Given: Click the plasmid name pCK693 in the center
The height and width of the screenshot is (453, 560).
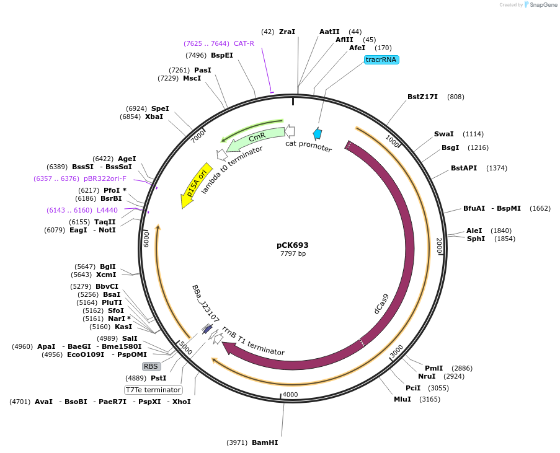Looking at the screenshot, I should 293,245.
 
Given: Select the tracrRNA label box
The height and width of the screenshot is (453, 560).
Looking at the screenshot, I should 381,60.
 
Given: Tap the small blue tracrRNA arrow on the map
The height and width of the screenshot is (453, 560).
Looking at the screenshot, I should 318,133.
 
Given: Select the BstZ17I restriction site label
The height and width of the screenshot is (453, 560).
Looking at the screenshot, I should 422,97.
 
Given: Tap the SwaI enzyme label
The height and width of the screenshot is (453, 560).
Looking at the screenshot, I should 443,134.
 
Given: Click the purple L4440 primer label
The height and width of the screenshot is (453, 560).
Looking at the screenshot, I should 107,210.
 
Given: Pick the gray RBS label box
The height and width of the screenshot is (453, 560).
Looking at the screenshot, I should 151,366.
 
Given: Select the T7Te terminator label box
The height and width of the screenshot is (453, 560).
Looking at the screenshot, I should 153,390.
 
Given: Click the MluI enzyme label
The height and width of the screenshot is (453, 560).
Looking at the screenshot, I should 402,399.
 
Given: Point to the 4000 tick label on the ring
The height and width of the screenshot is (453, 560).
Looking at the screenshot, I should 290,395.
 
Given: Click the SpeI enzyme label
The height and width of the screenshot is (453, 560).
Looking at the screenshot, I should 160,108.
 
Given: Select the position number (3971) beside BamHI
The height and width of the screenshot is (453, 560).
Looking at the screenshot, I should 238,442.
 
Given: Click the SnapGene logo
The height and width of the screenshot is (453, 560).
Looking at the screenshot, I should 541,5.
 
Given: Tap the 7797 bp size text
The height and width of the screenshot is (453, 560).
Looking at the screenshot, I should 293,253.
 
